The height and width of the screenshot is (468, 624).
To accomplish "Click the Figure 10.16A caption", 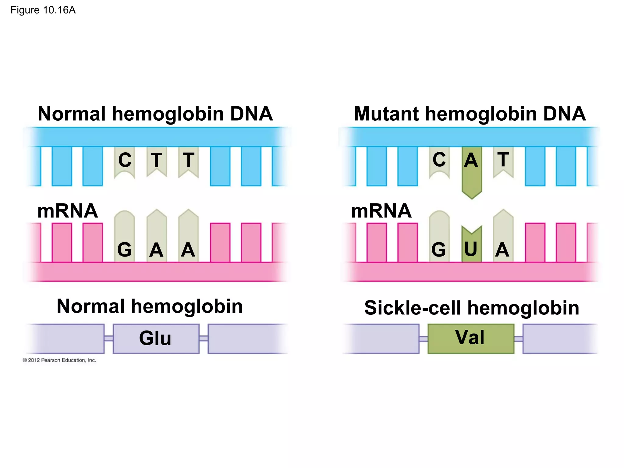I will [43, 10].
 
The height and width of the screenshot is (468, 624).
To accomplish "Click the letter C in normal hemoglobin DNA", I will [125, 160].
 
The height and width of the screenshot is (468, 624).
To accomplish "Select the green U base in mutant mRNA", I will [471, 248].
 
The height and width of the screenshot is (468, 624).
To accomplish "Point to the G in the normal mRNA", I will [124, 250].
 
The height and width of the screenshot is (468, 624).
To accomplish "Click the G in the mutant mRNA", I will [439, 250].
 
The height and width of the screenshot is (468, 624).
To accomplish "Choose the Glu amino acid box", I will [156, 338].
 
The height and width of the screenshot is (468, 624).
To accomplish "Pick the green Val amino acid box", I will [471, 338].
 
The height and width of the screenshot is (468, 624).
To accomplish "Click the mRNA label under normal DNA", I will [67, 211].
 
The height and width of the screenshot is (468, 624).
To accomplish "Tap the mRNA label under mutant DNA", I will [381, 211].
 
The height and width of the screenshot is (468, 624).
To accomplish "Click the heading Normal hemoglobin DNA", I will [155, 114].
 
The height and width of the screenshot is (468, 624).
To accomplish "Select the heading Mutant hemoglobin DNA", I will [470, 114].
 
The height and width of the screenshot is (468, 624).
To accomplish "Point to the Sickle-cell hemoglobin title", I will [471, 308].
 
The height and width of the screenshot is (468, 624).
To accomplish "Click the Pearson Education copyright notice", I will [59, 360].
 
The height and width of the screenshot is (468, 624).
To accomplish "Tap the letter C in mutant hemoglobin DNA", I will [439, 160].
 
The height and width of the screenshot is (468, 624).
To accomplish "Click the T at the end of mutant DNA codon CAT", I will [503, 160].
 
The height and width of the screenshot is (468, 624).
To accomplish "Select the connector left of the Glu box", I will [108, 338].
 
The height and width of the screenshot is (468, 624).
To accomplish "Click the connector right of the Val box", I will [518, 339].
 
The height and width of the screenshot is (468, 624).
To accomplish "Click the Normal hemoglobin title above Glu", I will [150, 306].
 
